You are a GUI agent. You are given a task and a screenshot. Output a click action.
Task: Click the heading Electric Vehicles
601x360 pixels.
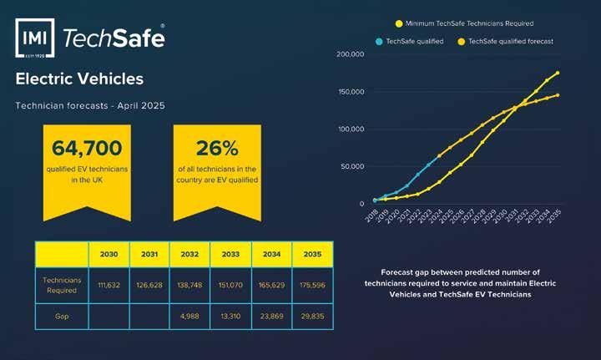click(x=79, y=79)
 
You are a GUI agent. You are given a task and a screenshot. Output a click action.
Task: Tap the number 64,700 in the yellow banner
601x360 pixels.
click(x=87, y=149)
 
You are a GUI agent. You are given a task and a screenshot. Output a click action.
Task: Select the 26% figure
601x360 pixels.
click(x=217, y=149)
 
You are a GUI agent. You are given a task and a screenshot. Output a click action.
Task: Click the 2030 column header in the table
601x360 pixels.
click(x=109, y=254)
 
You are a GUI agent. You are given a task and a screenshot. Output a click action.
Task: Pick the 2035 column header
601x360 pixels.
click(x=311, y=254)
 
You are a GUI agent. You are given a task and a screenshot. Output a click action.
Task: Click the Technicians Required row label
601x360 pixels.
click(x=61, y=285)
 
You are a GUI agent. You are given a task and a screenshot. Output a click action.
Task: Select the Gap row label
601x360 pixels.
click(x=61, y=316)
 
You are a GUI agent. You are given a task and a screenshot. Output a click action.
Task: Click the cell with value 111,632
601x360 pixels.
click(x=109, y=286)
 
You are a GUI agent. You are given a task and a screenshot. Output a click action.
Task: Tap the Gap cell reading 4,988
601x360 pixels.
click(x=189, y=316)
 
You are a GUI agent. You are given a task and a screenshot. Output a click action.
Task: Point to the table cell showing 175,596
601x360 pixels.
click(x=311, y=286)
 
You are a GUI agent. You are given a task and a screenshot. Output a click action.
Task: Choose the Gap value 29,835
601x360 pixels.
click(x=311, y=316)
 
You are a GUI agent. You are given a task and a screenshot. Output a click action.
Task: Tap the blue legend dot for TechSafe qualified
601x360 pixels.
click(x=378, y=41)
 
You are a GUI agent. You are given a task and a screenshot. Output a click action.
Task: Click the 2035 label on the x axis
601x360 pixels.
click(x=553, y=220)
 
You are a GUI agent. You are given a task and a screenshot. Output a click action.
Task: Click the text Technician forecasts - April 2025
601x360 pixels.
click(x=90, y=105)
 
